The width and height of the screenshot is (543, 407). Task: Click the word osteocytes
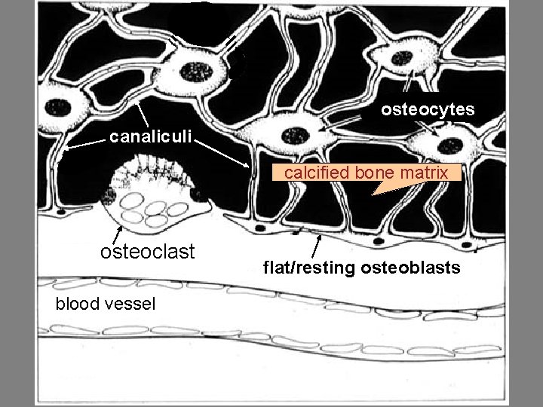click(428, 110)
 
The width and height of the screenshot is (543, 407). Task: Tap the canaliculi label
click(151, 137)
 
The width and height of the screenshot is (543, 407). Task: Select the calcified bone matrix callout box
click(366, 173)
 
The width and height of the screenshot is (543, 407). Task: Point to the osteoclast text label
click(148, 251)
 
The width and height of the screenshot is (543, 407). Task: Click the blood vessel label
click(106, 304)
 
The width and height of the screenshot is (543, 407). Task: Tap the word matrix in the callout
click(426, 173)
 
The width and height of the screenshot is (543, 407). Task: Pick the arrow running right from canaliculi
click(226, 152)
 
